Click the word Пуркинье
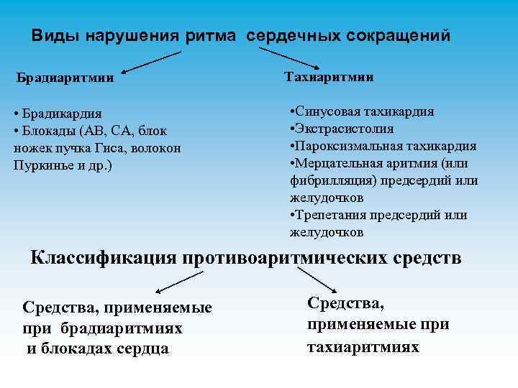tap(42, 165)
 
